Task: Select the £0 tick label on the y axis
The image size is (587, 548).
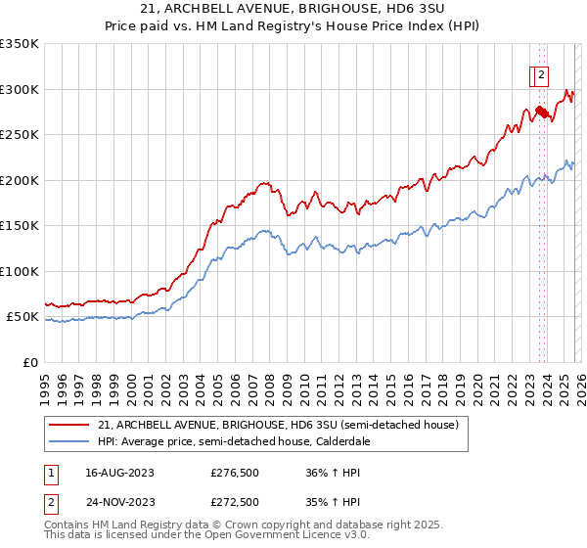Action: click(x=29, y=363)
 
